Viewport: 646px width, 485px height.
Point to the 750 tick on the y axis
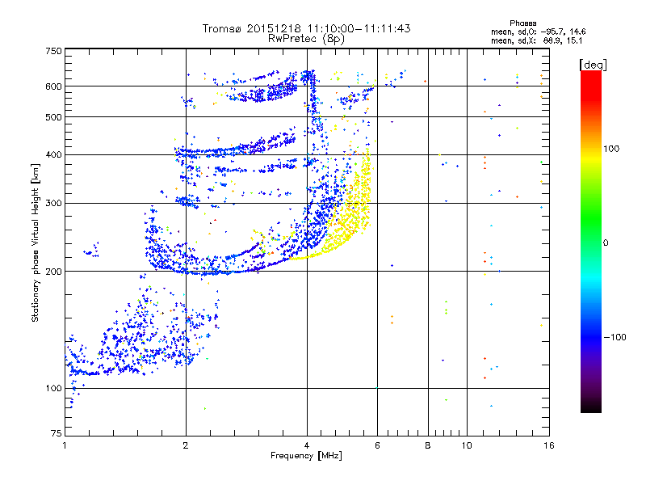point(53,51)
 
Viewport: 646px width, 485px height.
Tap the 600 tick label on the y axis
point(53,86)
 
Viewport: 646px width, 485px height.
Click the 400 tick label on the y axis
point(53,154)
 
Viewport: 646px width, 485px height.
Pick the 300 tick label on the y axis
point(53,203)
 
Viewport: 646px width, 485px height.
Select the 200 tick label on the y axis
point(53,272)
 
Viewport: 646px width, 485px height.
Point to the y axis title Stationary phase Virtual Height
point(36,242)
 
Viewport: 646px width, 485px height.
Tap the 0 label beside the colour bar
point(606,242)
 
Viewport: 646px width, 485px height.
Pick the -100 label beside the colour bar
point(615,336)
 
